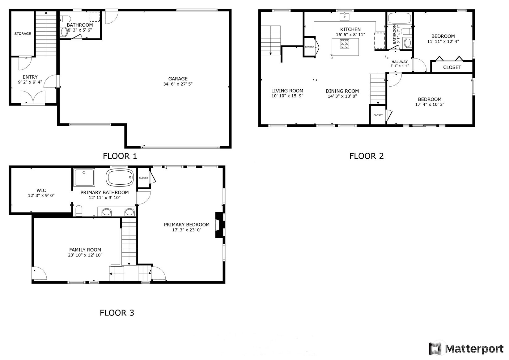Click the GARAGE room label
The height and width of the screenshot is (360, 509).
pyautogui.click(x=178, y=79)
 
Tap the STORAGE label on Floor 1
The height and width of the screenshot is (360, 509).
pyautogui.click(x=23, y=34)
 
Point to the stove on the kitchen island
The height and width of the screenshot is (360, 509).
pyautogui.click(x=345, y=44)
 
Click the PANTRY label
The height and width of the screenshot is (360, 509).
pyautogui.click(x=309, y=47)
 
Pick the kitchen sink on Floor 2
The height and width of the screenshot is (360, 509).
pyautogui.click(x=345, y=17)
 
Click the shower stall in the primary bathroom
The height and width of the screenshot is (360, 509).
pyautogui.click(x=84, y=178)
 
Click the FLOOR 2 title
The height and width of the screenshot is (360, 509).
pyautogui.click(x=366, y=156)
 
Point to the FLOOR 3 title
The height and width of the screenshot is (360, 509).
pyautogui.click(x=117, y=313)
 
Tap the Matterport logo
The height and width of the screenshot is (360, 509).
pyautogui.click(x=466, y=349)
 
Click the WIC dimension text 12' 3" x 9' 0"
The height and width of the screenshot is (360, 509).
pyautogui.click(x=41, y=195)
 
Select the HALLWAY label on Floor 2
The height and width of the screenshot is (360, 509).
pyautogui.click(x=400, y=62)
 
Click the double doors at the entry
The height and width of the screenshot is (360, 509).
pyautogui.click(x=33, y=97)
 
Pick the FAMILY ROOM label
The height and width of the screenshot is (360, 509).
pyautogui.click(x=85, y=250)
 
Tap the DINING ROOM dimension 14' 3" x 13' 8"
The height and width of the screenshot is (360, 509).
pyautogui.click(x=342, y=96)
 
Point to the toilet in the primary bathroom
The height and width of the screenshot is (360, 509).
pyautogui.click(x=79, y=211)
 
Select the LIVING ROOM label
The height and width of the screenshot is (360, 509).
pyautogui.click(x=287, y=91)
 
